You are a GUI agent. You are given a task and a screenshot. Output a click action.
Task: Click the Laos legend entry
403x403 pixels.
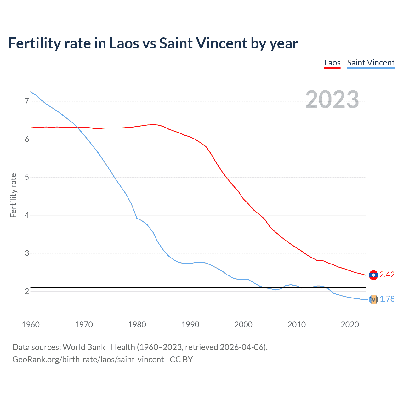tap(332, 63)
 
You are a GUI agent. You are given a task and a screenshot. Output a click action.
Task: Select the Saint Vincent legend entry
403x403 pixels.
tap(371, 63)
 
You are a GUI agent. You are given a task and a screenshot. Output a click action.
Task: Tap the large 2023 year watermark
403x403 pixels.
tap(332, 99)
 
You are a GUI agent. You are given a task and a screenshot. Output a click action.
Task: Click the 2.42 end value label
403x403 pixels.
tap(387, 275)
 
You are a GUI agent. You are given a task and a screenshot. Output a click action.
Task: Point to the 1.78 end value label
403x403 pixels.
tap(387, 299)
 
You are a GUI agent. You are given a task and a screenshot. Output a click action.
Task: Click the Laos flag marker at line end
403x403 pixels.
tap(373, 275)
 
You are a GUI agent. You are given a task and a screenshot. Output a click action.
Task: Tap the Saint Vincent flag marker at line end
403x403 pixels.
tap(373, 299)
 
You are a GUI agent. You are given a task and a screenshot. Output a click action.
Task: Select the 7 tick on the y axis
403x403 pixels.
tap(27, 101)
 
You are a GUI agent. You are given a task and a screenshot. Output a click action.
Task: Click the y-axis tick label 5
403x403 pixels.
tap(27, 177)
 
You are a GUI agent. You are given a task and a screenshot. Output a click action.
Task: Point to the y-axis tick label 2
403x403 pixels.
tap(27, 292)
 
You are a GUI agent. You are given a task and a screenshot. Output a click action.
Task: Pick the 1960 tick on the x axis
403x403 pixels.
tap(31, 325)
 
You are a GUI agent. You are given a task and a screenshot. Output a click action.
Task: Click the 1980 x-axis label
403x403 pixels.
tap(137, 325)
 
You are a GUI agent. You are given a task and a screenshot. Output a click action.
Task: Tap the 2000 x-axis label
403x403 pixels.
tap(243, 325)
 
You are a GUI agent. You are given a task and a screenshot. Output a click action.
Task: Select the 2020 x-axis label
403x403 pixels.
tap(350, 325)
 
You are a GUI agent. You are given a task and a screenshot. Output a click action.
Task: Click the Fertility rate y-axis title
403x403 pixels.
tap(13, 195)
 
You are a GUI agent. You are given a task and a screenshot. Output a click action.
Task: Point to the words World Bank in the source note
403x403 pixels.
tap(84, 347)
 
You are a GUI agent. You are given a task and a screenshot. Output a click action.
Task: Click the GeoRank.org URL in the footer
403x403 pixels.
tap(88, 360)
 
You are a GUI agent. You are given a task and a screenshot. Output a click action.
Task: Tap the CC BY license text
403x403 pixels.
tap(181, 360)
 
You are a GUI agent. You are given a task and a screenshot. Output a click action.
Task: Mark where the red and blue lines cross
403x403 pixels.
tap(78, 128)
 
